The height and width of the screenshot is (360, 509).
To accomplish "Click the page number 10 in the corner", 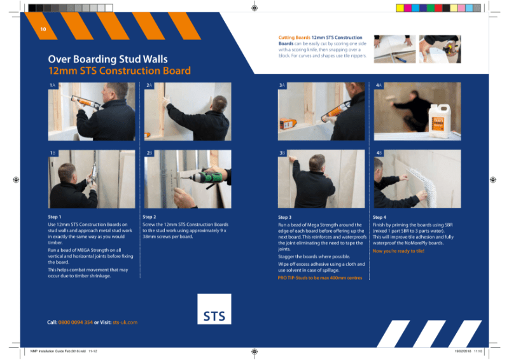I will pos(43,30).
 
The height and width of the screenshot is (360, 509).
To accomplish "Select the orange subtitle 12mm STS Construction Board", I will pos(119,71).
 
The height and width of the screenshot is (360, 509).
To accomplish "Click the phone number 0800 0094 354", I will pos(76,322).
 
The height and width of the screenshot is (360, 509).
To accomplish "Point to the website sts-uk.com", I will pos(125,322).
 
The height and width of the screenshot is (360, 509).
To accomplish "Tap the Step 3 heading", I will pos(285,217).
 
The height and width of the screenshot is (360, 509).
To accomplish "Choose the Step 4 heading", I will pos(380,217).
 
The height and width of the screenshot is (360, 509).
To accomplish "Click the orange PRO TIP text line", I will pos(320,278).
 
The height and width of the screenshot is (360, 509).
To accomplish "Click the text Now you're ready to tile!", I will pos(398,251).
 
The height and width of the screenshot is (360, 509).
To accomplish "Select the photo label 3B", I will pos(282,153).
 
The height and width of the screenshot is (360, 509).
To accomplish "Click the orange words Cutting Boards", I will pos(295,38).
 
